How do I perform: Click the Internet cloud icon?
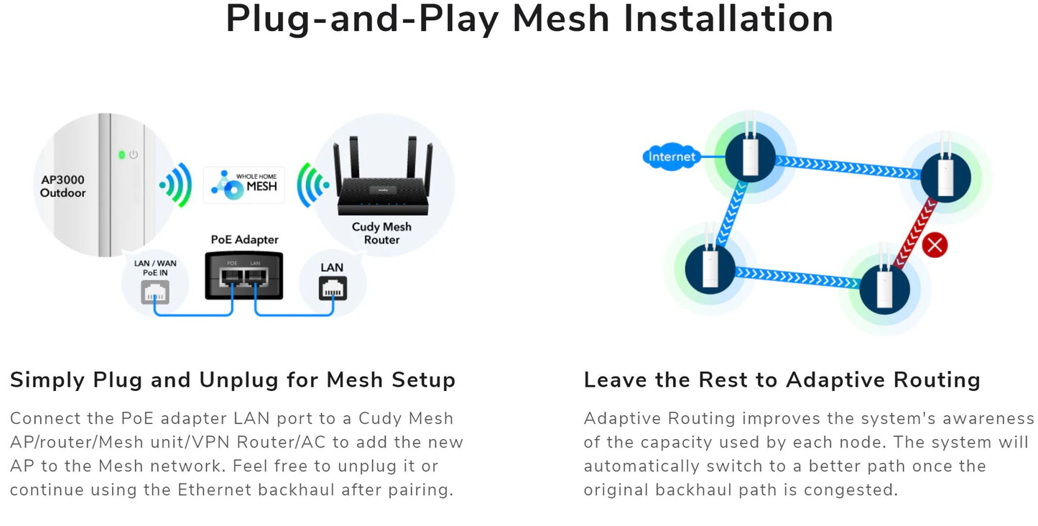point(671,157)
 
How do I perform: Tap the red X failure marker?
point(935,245)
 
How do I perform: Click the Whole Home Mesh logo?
point(244,185)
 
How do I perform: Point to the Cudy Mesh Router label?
point(381,233)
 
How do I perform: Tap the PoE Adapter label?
point(244,239)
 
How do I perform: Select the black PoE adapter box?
point(244,275)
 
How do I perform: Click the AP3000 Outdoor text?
point(62,186)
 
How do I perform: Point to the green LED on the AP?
point(121,154)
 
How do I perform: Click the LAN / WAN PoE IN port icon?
point(155,290)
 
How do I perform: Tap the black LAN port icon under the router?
point(333,290)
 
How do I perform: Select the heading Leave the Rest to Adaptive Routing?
point(782,379)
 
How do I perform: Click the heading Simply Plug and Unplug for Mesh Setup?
point(233,379)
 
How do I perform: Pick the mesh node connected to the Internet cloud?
point(750,156)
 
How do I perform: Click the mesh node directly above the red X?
point(945,176)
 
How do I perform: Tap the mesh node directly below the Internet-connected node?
point(710,267)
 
